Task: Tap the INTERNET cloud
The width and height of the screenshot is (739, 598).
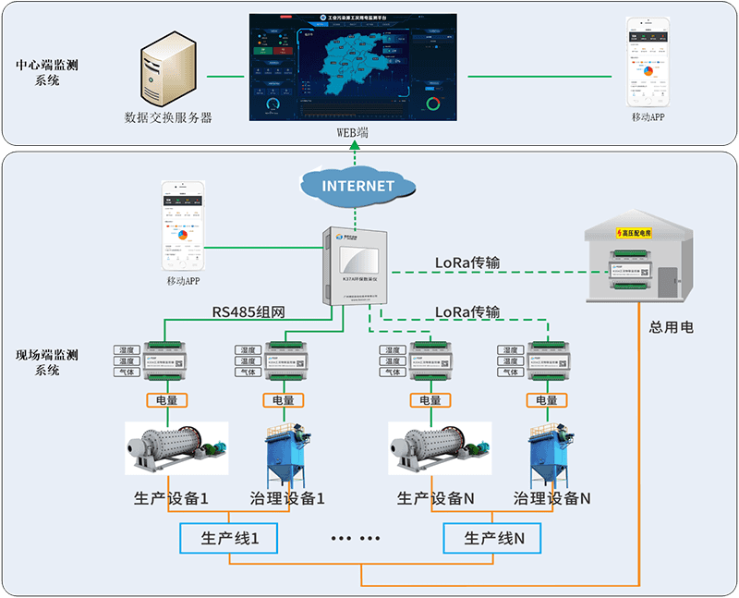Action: [x=357, y=185]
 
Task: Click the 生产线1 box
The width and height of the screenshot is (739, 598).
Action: [x=227, y=538]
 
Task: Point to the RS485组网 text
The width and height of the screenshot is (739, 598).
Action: [x=247, y=312]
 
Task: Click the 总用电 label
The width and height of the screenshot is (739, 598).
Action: [x=672, y=327]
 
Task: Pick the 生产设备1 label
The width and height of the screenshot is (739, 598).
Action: [x=171, y=498]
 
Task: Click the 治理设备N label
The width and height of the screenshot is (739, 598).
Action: [x=551, y=498]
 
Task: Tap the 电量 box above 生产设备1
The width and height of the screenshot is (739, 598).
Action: [x=167, y=400]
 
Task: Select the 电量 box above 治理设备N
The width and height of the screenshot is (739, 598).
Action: [x=546, y=400]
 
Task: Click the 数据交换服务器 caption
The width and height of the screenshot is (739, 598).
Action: [x=168, y=118]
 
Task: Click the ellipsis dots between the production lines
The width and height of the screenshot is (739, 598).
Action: [x=356, y=538]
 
